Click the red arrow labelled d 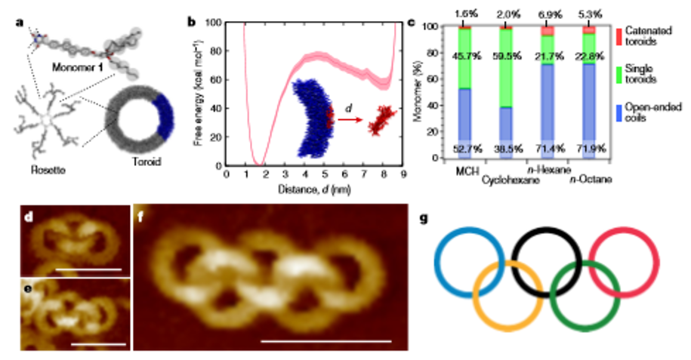pos(349,119)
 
